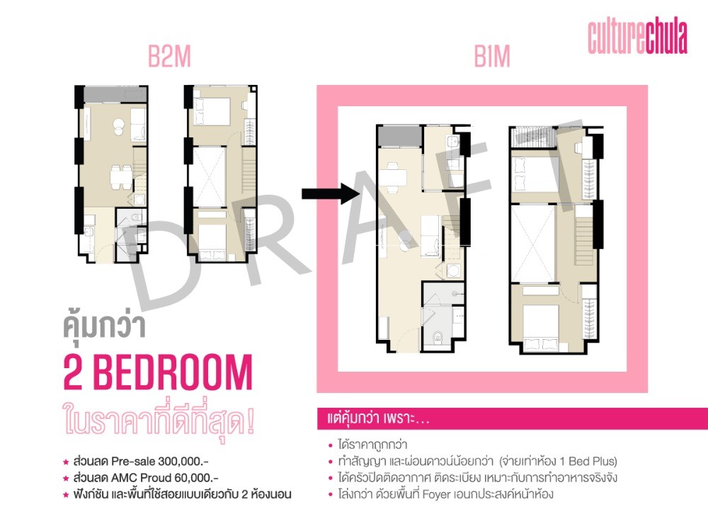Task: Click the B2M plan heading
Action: (170, 57)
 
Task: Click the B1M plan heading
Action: (492, 57)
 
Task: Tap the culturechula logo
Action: (637, 37)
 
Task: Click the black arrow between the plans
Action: (331, 194)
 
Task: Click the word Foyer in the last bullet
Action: (437, 494)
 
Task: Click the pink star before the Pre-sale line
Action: (66, 462)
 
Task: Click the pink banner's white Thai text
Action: (378, 418)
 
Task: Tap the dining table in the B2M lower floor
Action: (121, 176)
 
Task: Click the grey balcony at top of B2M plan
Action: (115, 95)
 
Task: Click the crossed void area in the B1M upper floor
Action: (533, 244)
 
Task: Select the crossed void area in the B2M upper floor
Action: (209, 176)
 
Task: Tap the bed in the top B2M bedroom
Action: (212, 111)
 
